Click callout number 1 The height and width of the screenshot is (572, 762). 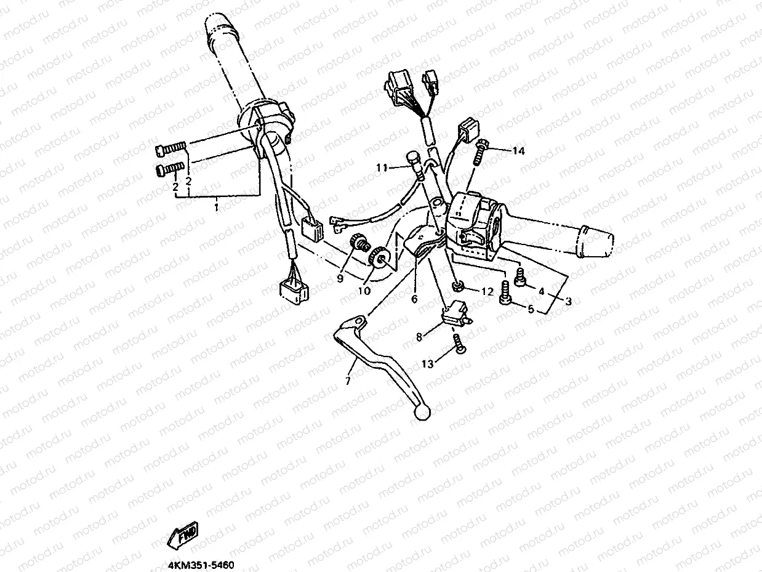click(x=216, y=207)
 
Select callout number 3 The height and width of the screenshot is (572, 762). click(x=568, y=302)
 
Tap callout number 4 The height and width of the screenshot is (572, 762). click(x=542, y=291)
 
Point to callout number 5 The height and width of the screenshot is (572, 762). click(x=530, y=309)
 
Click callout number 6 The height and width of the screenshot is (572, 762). click(x=414, y=299)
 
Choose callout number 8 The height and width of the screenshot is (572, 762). click(x=419, y=337)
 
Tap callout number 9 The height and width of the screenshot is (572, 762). click(x=339, y=279)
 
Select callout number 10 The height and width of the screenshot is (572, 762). click(x=364, y=291)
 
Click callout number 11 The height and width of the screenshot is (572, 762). click(x=382, y=167)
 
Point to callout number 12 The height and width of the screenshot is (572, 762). click(x=487, y=292)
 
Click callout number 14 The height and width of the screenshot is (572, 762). click(x=519, y=151)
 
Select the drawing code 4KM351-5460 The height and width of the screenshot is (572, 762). click(x=200, y=564)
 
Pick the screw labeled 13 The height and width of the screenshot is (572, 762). click(x=459, y=344)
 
